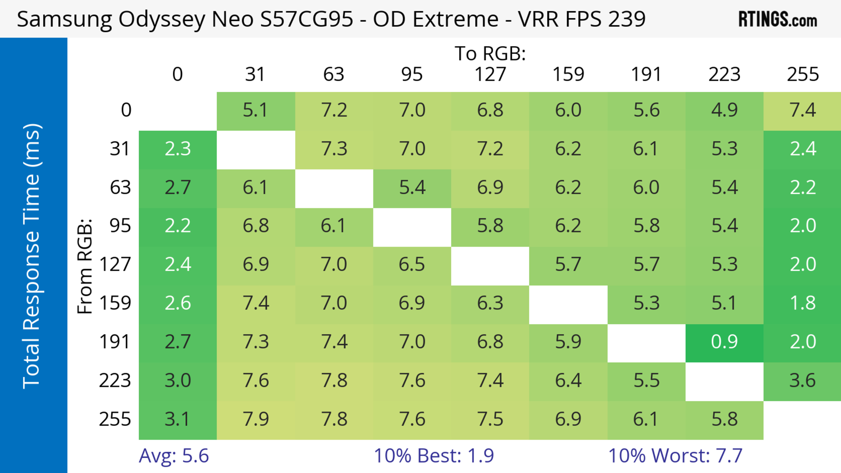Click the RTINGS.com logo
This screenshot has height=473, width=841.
click(x=778, y=19)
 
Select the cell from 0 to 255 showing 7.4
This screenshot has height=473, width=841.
click(x=802, y=110)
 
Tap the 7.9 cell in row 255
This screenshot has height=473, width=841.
click(x=256, y=419)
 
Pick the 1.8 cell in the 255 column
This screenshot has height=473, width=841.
click(x=802, y=303)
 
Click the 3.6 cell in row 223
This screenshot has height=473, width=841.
click(x=802, y=380)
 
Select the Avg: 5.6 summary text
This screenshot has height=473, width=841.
click(x=173, y=456)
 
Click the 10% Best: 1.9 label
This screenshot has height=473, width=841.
click(x=434, y=456)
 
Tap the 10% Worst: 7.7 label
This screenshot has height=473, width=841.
click(x=675, y=456)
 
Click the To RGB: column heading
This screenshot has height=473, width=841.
click(x=490, y=53)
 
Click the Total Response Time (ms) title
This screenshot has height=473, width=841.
click(x=32, y=256)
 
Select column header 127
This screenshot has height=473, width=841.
click(x=490, y=74)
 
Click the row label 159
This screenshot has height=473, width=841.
click(x=115, y=303)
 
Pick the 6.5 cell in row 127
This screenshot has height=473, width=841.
click(x=412, y=264)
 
